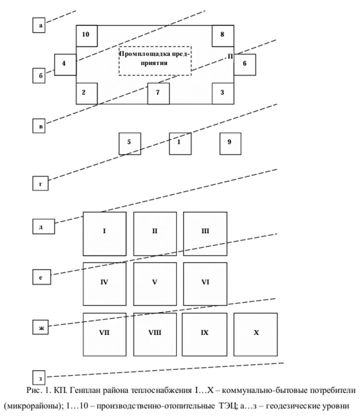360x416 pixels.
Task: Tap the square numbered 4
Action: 65,64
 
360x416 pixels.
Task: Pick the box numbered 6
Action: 244,64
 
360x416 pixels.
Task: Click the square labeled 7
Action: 158,93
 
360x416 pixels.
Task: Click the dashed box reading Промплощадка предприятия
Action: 155,61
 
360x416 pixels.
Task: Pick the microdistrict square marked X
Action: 256,334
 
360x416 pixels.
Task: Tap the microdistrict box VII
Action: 104,334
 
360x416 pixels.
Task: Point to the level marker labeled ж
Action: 41,328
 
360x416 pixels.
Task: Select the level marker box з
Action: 40,378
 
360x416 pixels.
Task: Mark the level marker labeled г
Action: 41,183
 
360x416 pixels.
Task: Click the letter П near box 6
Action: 230,56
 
